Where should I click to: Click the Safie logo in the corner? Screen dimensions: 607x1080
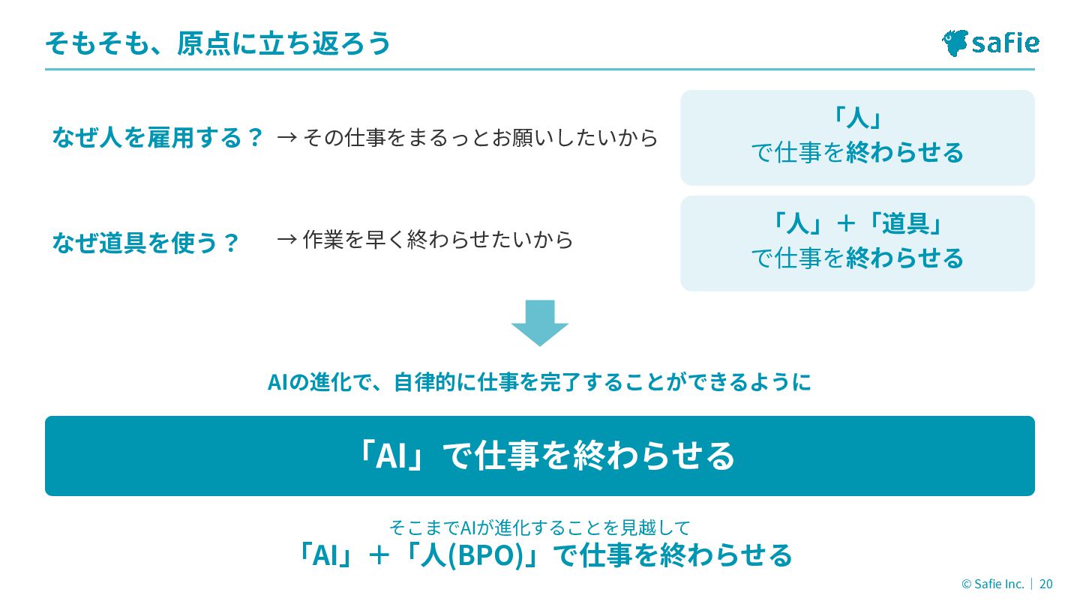(990, 43)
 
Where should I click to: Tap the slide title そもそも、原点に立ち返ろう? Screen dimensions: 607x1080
(217, 43)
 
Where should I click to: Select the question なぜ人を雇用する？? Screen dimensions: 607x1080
(157, 138)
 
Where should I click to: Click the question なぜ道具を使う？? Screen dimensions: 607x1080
(145, 243)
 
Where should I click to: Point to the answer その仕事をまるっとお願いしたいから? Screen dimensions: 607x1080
(480, 138)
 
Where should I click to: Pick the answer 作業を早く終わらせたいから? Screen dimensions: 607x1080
(438, 240)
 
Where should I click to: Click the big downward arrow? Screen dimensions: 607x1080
(540, 323)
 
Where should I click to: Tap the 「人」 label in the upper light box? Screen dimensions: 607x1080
(856, 118)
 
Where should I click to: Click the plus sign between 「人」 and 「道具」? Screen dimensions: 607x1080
(845, 223)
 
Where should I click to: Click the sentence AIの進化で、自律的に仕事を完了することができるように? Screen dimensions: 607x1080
(539, 383)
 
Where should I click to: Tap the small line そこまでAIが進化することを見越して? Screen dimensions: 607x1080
(539, 527)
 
